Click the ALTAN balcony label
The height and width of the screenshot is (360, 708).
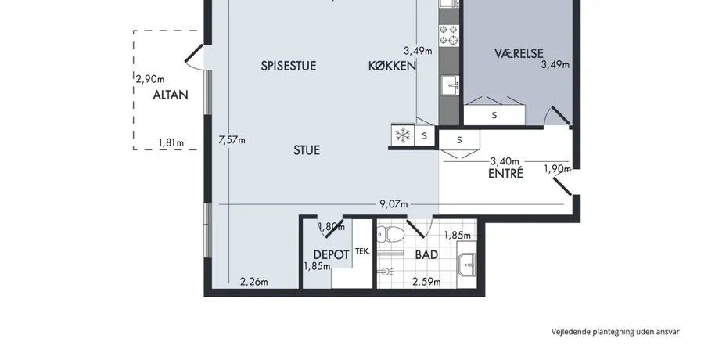171,95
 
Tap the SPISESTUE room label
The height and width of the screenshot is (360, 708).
289,66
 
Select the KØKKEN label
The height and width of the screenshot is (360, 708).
392,66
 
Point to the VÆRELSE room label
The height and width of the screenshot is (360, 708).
519,54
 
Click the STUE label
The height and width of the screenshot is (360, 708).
307,150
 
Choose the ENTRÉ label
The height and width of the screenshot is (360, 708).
505,174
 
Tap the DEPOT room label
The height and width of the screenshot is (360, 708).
331,255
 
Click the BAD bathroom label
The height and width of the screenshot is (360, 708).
426,255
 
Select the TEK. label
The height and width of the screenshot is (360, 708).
362,251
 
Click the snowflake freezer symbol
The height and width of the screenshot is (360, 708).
402,135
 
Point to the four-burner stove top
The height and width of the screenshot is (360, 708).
449,35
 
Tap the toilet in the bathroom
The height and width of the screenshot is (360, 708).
391,234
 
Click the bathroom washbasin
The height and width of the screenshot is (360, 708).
467,265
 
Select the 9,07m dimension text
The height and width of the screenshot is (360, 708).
394,203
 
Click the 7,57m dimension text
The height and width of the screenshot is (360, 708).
232,140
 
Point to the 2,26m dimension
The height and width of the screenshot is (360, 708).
254,283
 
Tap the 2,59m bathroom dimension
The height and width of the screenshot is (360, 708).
426,283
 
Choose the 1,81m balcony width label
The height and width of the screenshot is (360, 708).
171,142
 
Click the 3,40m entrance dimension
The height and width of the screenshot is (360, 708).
505,160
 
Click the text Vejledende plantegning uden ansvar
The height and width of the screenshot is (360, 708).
616,332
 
